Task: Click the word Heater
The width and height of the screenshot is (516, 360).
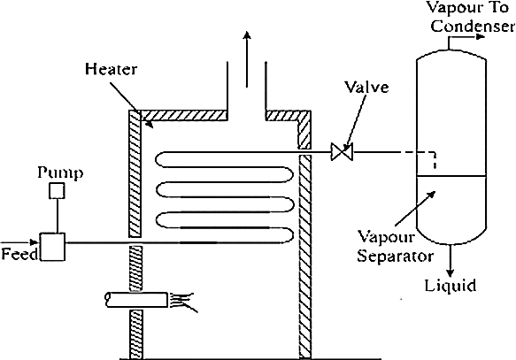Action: (111, 69)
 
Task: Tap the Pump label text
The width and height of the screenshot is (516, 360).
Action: (60, 173)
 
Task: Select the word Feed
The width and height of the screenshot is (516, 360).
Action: (19, 254)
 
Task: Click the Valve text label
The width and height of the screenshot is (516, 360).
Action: (366, 87)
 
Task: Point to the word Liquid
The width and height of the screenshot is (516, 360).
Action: (451, 285)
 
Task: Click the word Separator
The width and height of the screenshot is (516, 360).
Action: (396, 256)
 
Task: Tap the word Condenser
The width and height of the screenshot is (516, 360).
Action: (473, 26)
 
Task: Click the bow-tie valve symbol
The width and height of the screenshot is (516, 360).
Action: (342, 152)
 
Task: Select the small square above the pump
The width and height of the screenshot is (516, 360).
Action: (57, 191)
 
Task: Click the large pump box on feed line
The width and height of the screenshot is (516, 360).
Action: (52, 247)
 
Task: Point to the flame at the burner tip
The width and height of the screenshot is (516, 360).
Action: (183, 302)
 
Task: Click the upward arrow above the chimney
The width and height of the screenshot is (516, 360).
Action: (247, 59)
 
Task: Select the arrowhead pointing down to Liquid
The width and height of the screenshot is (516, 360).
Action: (451, 273)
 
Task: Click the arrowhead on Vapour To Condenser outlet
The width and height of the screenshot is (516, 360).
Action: (481, 36)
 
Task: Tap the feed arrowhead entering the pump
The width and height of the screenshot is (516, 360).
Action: (35, 242)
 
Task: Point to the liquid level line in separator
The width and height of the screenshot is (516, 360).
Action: (451, 176)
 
